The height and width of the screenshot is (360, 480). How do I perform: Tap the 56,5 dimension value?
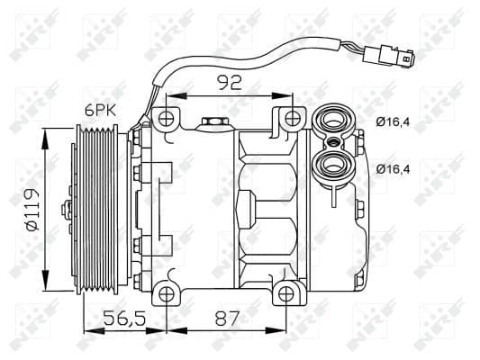click(124, 318)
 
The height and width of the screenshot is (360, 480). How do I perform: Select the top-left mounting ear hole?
click(164, 117)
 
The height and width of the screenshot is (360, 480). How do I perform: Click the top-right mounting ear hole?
click(290, 117)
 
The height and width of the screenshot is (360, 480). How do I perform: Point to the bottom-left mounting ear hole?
click(164, 292)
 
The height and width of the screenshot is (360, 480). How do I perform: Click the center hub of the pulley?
click(66, 209)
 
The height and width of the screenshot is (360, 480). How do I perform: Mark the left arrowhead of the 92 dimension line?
click(170, 94)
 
